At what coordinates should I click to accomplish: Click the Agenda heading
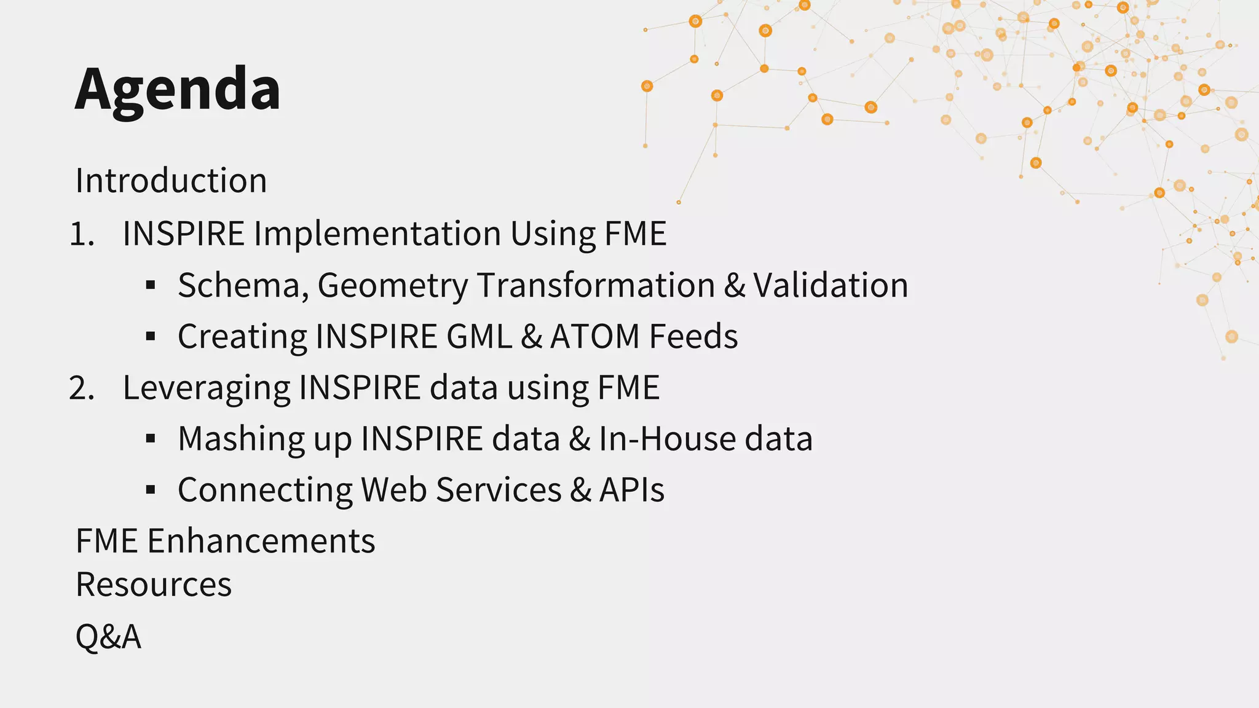(x=178, y=90)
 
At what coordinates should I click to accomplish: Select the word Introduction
(x=171, y=181)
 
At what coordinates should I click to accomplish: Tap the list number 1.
(x=81, y=234)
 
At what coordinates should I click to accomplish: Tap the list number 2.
(x=81, y=388)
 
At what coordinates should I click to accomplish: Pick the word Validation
(x=831, y=286)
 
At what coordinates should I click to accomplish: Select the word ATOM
(x=594, y=337)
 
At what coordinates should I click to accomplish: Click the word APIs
(x=632, y=490)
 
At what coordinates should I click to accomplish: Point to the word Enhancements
(x=261, y=541)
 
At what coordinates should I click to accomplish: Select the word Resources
(x=154, y=584)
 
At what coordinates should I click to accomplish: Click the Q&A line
(x=108, y=636)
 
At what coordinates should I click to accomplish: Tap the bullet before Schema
(x=151, y=285)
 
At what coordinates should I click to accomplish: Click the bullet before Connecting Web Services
(x=151, y=490)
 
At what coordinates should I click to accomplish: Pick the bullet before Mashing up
(x=151, y=439)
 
